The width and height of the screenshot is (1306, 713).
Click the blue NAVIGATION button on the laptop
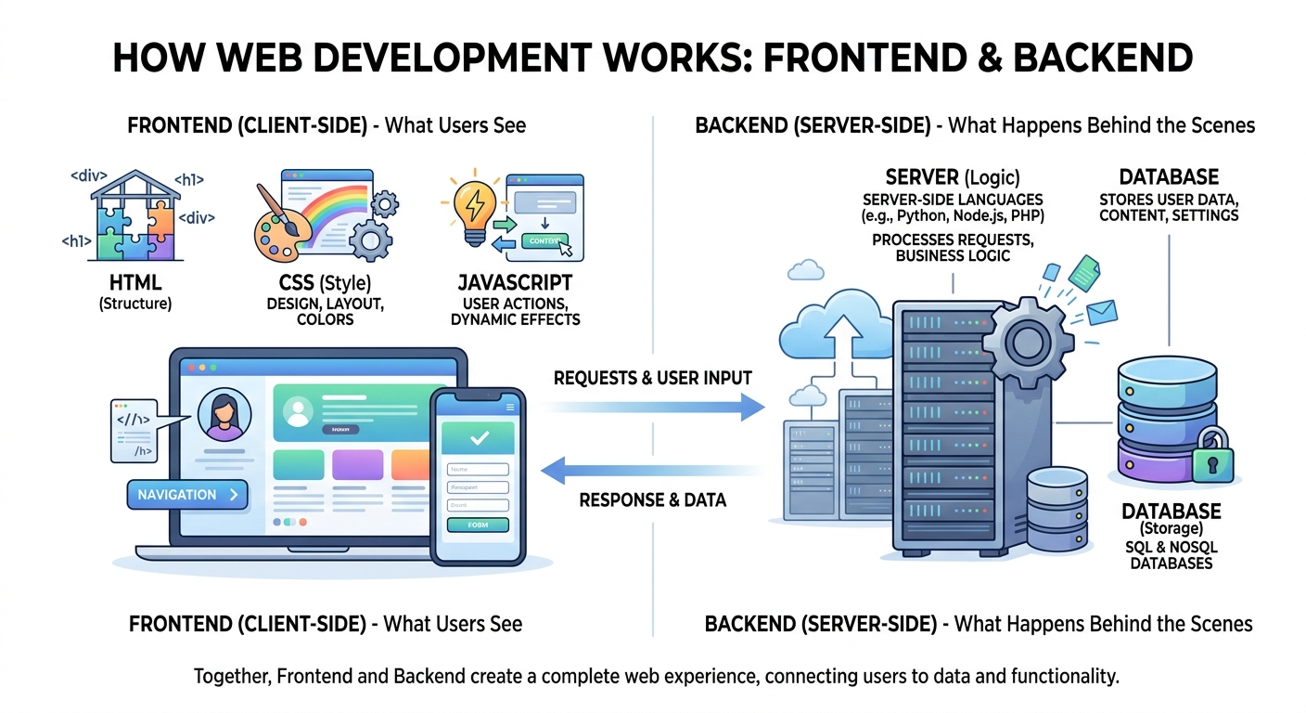click(187, 495)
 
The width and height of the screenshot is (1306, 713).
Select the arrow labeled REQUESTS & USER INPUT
click(654, 406)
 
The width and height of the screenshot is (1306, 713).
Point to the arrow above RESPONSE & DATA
click(649, 470)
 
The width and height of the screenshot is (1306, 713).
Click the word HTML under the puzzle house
click(135, 282)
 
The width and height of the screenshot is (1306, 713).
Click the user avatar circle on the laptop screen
click(224, 415)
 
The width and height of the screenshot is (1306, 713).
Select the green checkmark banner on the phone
click(479, 436)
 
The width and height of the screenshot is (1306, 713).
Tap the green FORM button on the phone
click(478, 525)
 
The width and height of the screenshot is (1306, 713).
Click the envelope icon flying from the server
click(1103, 314)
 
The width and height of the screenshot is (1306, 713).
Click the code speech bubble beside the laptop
click(132, 430)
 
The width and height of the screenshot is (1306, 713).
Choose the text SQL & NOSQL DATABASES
click(1171, 555)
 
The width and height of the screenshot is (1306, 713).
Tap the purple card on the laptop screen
click(357, 464)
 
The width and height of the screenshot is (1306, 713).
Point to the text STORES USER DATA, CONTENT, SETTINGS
click(1168, 207)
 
